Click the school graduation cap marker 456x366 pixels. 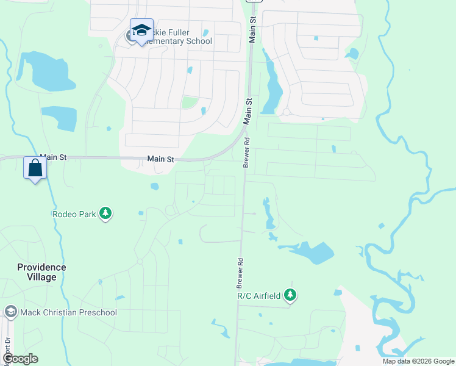(141, 30)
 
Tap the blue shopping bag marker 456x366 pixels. (35, 168)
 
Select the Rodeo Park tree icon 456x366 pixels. (107, 213)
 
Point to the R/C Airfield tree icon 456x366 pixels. (291, 295)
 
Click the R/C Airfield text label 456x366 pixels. (259, 296)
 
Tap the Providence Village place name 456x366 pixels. (41, 272)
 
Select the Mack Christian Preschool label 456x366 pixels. (68, 312)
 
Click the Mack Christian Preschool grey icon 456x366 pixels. (10, 312)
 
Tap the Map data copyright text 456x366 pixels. (418, 361)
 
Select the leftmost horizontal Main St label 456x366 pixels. (52, 157)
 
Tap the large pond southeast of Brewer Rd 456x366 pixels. (314, 252)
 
